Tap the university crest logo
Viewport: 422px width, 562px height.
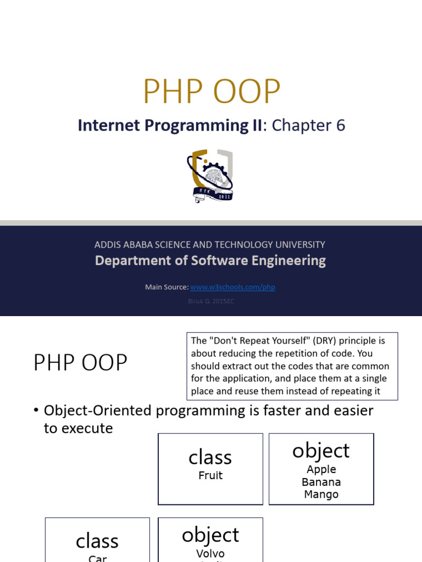[210, 176]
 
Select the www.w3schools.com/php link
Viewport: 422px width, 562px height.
[232, 287]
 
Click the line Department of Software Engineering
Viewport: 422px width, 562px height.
[210, 261]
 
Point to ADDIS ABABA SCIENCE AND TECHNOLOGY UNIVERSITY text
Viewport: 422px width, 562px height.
[210, 244]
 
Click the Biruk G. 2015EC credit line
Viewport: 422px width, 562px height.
[211, 301]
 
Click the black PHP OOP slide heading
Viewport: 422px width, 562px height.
[80, 363]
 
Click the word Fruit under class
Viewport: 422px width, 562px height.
[210, 476]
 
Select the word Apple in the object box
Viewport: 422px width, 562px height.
[321, 469]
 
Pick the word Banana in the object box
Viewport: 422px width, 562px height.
[321, 482]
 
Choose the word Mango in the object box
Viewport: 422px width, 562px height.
[321, 494]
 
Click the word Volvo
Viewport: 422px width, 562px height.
[210, 554]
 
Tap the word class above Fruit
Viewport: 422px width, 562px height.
[210, 457]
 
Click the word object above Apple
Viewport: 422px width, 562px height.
[321, 451]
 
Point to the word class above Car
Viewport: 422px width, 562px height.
[97, 541]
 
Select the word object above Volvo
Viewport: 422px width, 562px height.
[210, 535]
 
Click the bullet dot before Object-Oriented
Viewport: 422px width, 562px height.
[36, 411]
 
